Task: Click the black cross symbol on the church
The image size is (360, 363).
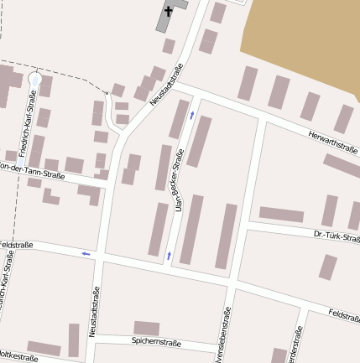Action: click(169, 11)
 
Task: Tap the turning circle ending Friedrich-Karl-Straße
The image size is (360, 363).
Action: click(34, 79)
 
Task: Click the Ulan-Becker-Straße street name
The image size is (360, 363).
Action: click(179, 179)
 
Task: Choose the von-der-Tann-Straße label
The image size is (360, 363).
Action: click(32, 169)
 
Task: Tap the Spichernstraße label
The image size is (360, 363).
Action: click(156, 342)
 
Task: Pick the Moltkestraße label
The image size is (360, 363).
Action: click(18, 357)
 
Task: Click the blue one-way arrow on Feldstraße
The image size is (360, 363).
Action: click(86, 253)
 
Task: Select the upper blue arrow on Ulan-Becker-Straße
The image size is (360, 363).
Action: click(192, 115)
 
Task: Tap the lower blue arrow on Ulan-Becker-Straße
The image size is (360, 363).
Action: click(170, 253)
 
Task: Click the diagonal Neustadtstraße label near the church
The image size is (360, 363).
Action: click(166, 85)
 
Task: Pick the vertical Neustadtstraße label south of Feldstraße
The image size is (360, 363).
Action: click(92, 309)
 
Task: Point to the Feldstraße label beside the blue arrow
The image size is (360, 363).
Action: click(17, 245)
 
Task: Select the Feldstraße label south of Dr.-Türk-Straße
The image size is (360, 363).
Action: click(344, 314)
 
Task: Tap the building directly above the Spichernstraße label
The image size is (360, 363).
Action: click(147, 328)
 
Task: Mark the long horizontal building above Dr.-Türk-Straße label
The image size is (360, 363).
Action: click(281, 215)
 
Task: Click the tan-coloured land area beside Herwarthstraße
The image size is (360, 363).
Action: click(302, 42)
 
